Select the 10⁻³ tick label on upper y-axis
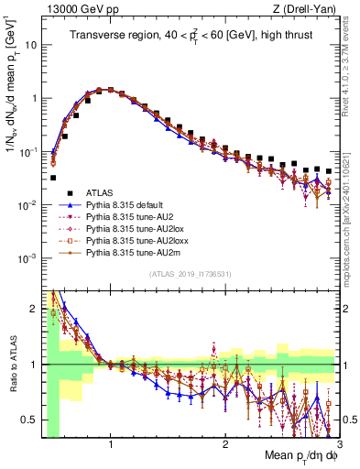27,258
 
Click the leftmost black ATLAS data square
53,178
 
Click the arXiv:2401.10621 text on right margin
352,182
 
